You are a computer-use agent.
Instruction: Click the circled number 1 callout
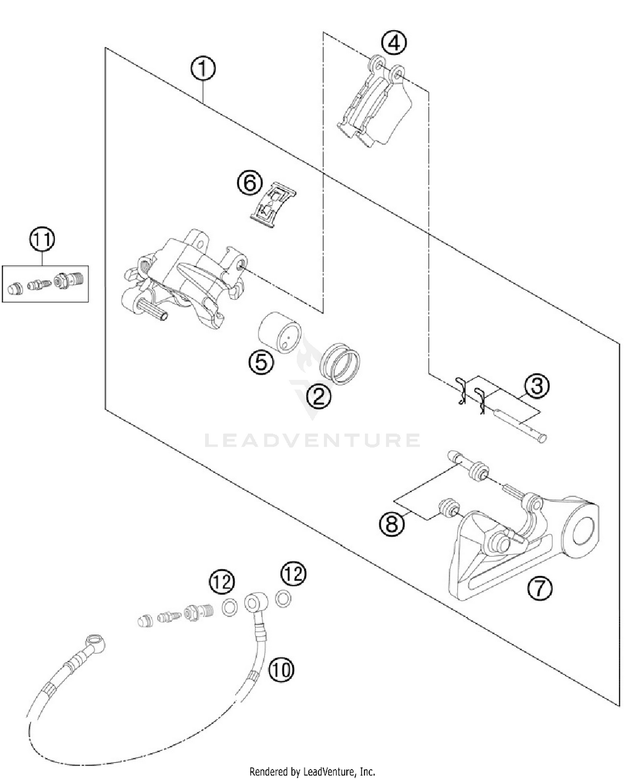(x=203, y=69)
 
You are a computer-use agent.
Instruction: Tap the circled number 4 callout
(x=394, y=43)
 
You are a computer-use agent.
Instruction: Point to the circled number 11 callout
(x=42, y=240)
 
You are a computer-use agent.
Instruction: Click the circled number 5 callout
(x=261, y=362)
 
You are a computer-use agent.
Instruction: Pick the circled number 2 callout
(x=318, y=396)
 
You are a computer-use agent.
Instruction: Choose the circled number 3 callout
(x=537, y=386)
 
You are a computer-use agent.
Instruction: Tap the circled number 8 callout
(x=392, y=524)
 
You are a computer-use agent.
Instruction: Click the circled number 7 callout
(x=539, y=589)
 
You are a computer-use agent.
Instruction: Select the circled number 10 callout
(x=281, y=670)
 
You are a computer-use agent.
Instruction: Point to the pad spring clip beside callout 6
(x=273, y=205)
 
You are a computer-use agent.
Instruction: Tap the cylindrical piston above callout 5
(x=280, y=332)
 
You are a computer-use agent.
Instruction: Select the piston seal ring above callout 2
(x=340, y=364)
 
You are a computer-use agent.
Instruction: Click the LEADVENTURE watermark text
(x=312, y=440)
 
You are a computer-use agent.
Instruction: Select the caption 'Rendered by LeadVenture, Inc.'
(x=312, y=771)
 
